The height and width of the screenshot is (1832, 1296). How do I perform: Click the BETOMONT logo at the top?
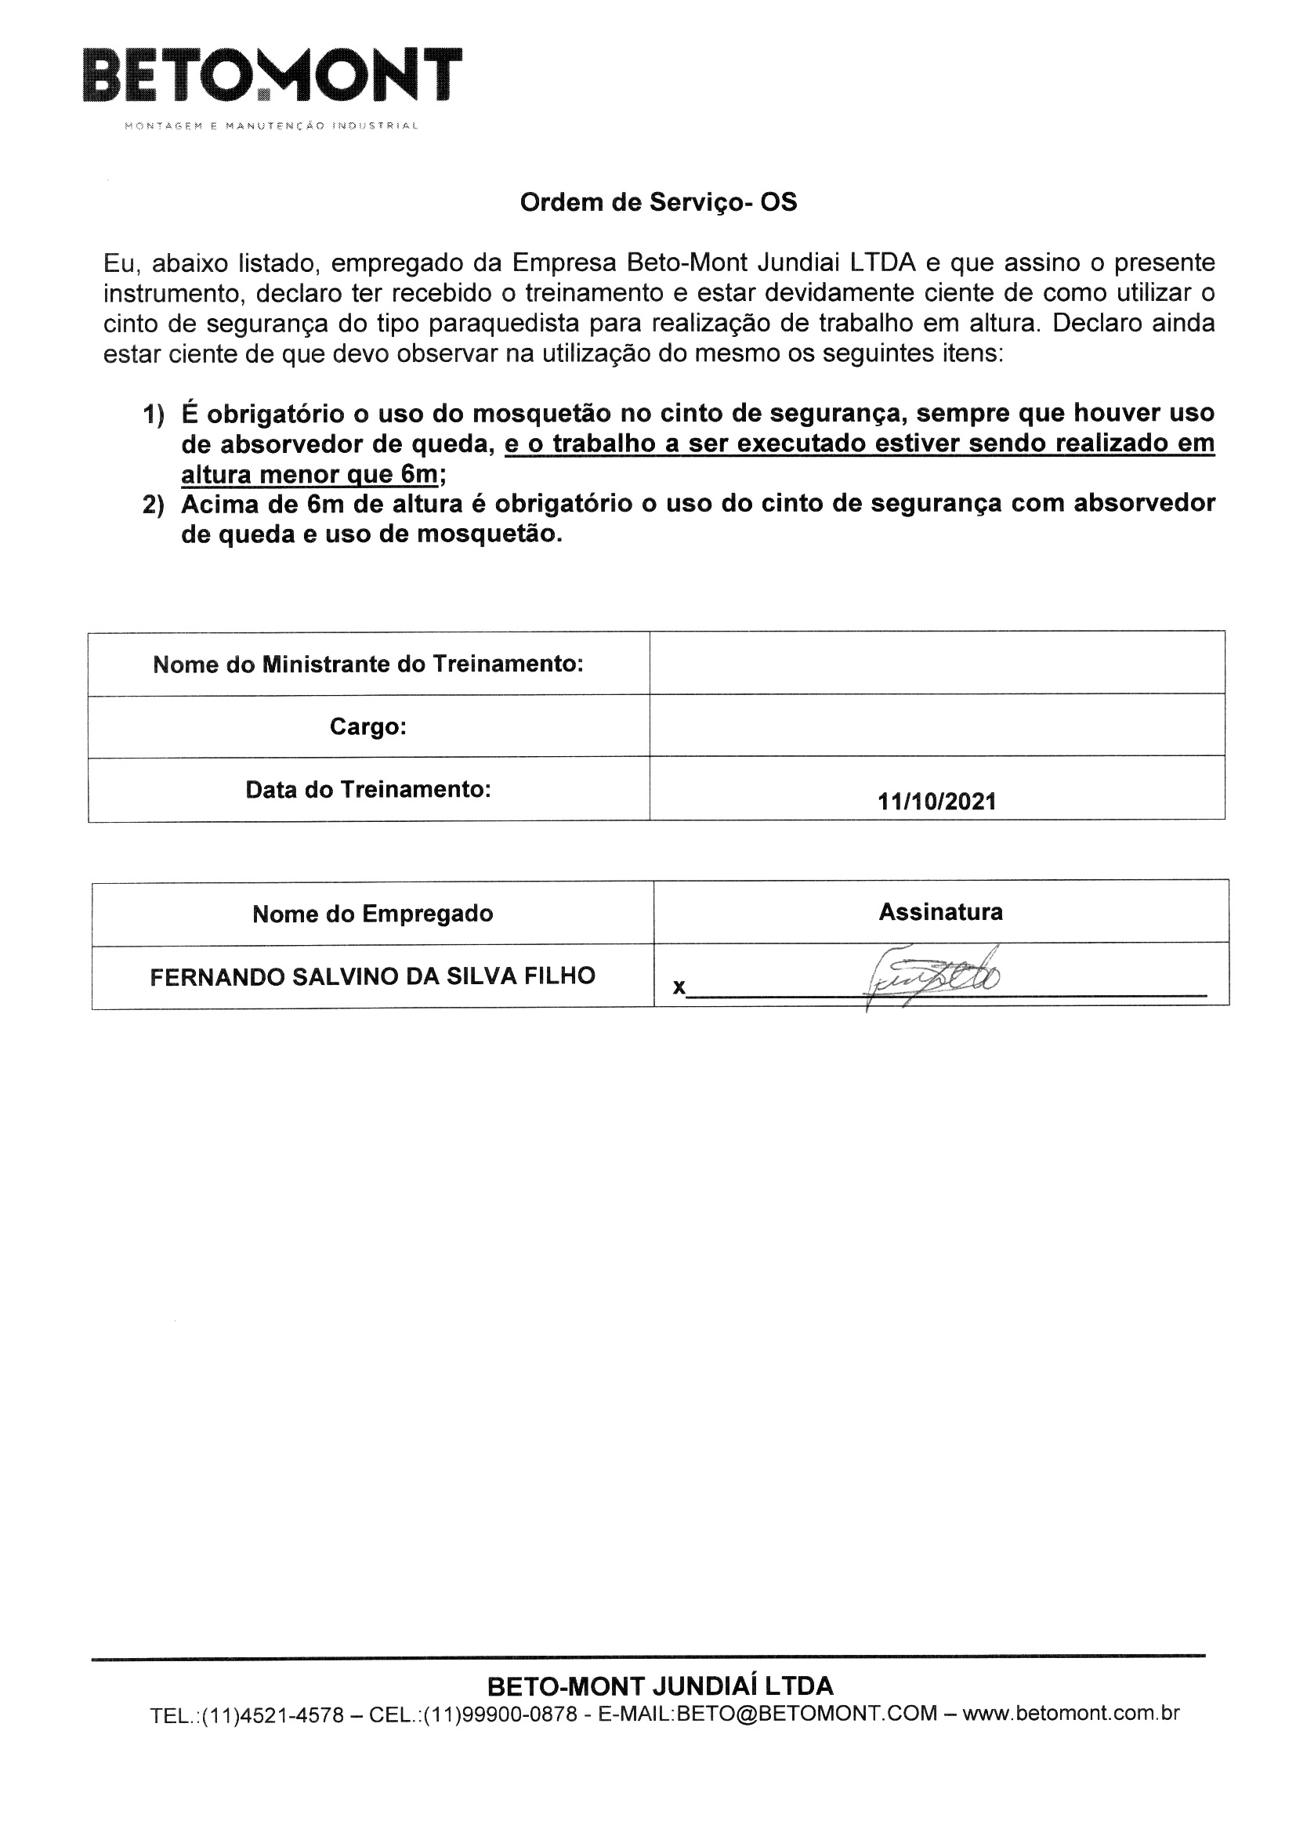272,76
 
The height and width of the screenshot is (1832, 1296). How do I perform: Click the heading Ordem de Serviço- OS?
658,203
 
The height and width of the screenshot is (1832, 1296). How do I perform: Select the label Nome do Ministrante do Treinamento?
368,664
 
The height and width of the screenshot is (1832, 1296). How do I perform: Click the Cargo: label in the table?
368,727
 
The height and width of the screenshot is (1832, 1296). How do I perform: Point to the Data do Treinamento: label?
368,790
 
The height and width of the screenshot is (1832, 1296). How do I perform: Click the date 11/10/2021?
937,801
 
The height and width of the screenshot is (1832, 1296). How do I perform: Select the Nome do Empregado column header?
373,914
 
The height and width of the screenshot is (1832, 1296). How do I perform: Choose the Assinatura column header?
941,912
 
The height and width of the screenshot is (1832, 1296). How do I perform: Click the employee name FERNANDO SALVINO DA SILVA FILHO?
373,976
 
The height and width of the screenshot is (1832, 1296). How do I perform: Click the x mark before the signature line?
679,988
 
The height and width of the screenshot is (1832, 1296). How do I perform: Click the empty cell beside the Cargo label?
937,726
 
